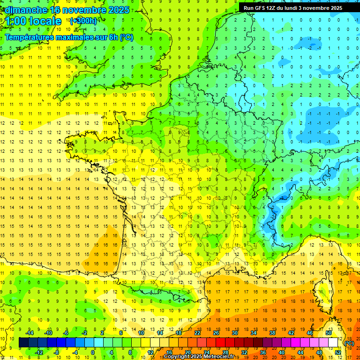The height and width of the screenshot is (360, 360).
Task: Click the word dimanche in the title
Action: [24, 10]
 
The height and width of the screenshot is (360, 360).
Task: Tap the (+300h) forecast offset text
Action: [83, 21]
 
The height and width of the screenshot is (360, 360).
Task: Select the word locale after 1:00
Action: [45, 21]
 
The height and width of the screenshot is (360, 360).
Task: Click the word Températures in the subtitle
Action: [28, 37]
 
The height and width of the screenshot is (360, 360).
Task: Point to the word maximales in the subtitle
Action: [75, 37]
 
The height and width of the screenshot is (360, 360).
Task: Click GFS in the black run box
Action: [262, 8]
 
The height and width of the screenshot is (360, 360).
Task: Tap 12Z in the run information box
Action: [274, 8]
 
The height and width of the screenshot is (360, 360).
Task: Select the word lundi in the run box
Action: [299, 8]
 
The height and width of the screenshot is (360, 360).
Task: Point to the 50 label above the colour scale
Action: [329, 333]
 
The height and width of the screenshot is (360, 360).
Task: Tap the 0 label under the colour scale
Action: [93, 352]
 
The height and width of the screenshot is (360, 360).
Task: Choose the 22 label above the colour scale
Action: [197, 333]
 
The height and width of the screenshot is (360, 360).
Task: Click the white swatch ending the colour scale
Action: [333, 343]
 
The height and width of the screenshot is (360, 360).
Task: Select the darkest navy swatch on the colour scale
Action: [23, 343]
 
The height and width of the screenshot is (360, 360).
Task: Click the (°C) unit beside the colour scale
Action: [349, 343]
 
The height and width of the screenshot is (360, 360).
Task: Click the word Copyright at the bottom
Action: [177, 357]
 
